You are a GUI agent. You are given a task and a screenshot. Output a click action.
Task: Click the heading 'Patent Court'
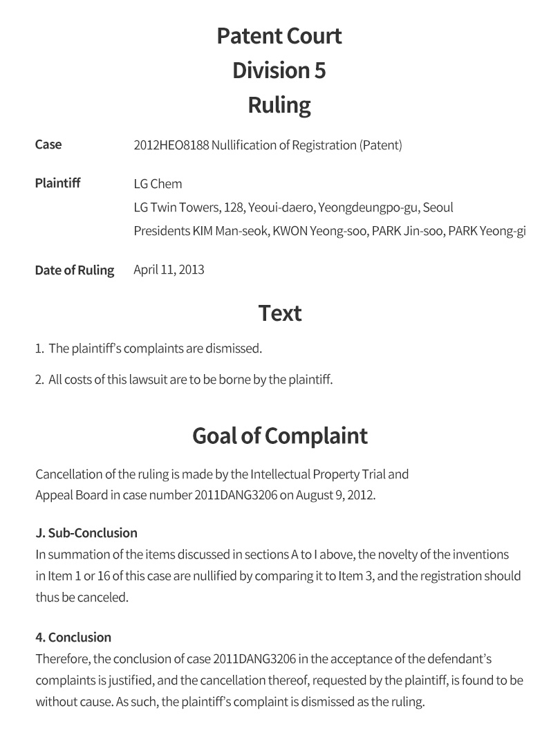(x=279, y=36)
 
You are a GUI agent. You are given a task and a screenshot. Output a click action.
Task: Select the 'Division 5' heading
(x=279, y=71)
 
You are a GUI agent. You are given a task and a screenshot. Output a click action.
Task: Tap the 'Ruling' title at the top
(x=279, y=105)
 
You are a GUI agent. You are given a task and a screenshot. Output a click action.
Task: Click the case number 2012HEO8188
(x=170, y=145)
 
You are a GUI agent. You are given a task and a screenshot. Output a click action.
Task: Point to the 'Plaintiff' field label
(x=57, y=183)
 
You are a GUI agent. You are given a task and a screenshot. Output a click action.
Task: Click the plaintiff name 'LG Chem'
(x=158, y=184)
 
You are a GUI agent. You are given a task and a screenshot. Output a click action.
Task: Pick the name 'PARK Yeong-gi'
(x=487, y=231)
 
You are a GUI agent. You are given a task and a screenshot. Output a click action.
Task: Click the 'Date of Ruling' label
(x=75, y=270)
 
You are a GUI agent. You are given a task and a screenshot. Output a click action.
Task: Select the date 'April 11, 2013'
(x=169, y=270)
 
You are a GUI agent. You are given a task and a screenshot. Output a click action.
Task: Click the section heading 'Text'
(x=279, y=313)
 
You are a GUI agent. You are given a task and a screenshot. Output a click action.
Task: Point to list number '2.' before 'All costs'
(x=39, y=380)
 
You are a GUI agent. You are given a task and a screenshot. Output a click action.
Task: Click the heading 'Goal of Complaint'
(x=279, y=436)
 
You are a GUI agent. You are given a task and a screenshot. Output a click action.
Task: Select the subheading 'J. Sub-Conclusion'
(x=86, y=533)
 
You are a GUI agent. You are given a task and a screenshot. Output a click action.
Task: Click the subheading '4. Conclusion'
(x=73, y=638)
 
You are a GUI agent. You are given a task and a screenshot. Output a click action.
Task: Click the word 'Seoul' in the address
(x=438, y=207)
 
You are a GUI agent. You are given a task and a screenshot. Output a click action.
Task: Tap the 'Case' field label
(x=48, y=145)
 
